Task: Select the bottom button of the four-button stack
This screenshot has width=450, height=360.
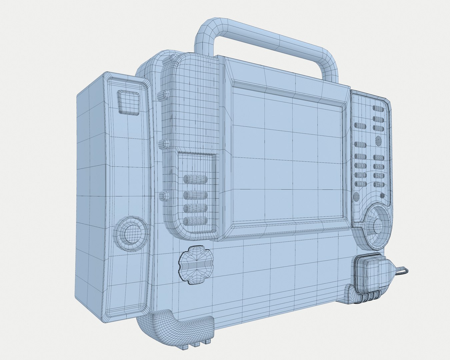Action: [196, 220]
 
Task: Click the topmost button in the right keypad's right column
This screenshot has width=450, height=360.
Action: [378, 109]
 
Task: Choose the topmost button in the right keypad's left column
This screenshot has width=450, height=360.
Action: [360, 125]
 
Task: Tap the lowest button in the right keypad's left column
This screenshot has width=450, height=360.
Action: [360, 184]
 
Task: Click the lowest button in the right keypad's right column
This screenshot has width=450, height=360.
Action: [378, 184]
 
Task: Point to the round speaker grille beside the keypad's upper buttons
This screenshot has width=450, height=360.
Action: [379, 141]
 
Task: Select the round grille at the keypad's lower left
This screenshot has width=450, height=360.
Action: [356, 197]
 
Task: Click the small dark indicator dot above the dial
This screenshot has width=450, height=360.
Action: [382, 196]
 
